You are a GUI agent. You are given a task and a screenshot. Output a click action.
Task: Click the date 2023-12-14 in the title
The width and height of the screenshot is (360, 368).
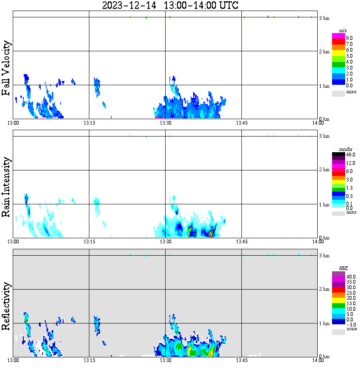click(129, 5)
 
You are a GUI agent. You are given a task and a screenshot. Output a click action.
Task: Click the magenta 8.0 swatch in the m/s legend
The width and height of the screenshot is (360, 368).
click(338, 36)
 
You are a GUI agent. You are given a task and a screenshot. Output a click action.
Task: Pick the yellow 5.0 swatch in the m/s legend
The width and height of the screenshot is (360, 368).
click(338, 53)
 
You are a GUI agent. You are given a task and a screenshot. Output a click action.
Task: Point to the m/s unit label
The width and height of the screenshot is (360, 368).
click(343, 31)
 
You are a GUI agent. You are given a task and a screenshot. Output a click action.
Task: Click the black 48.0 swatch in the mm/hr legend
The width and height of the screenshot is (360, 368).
click(338, 154)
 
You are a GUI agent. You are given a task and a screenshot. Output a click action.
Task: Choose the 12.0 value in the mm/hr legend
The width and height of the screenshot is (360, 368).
click(351, 163)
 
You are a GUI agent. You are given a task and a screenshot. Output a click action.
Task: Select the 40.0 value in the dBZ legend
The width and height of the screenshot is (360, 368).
click(351, 277)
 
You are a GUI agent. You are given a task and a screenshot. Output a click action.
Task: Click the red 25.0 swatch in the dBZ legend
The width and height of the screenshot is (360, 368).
click(338, 290)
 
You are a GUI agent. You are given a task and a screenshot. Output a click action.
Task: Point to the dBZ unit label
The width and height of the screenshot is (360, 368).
click(343, 268)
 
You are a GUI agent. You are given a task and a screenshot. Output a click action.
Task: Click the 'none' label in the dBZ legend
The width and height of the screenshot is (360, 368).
click(352, 329)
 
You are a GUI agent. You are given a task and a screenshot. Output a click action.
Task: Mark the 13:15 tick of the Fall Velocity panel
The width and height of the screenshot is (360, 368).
click(89, 123)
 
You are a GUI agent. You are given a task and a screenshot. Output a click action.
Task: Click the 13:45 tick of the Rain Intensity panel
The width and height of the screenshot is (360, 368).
click(241, 242)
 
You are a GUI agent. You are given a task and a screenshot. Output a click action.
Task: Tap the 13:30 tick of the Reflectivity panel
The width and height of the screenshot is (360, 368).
click(165, 360)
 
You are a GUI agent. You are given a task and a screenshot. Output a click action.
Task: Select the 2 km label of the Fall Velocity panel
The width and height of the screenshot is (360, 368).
click(324, 52)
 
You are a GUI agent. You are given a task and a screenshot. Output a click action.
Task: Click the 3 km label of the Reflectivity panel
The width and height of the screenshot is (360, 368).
click(324, 255)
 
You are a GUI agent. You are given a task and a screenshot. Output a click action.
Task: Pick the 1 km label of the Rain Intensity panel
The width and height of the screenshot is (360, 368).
click(324, 205)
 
